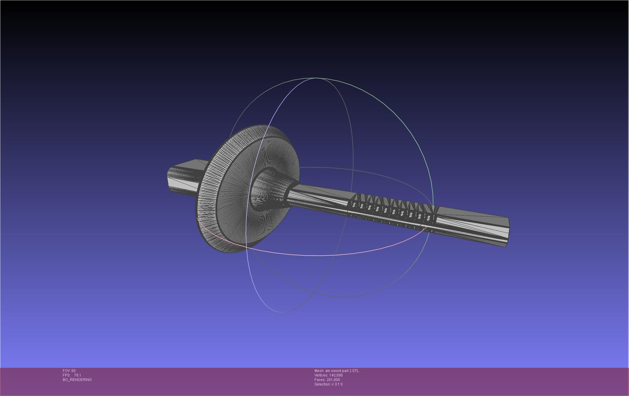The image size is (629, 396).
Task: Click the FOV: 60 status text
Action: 69,371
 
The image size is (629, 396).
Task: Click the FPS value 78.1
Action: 77,375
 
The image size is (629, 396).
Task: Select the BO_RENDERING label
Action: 77,380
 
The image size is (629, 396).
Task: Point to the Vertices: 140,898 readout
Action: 328,375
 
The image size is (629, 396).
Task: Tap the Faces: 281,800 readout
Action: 327,380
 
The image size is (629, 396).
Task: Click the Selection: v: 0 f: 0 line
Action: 328,384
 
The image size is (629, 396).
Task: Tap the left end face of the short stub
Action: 169,179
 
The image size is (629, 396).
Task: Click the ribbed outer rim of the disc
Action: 207,195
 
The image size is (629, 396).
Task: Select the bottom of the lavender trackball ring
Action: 282,312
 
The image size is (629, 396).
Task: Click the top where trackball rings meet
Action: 315,78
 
